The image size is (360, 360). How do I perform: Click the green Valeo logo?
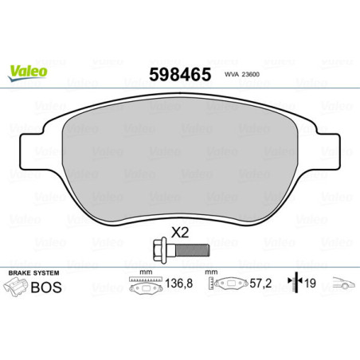click(x=28, y=71)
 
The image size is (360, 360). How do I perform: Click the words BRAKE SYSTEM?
click(x=31, y=273)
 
